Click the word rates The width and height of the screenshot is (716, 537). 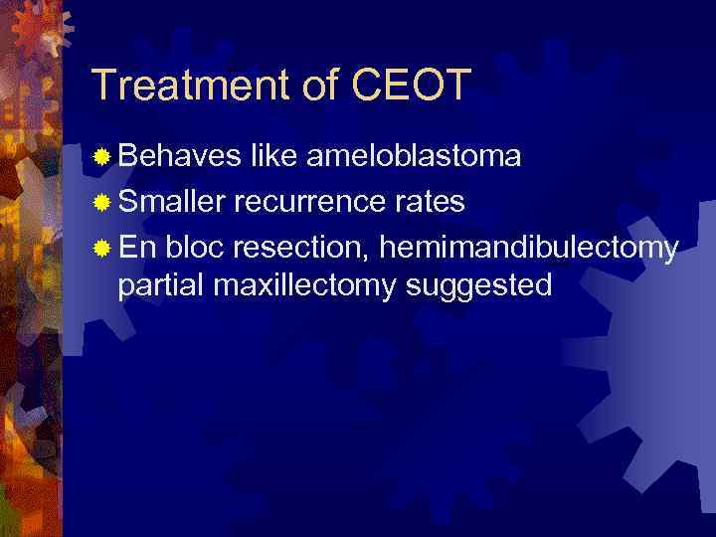427,203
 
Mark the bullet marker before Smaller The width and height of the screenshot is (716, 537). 101,202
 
